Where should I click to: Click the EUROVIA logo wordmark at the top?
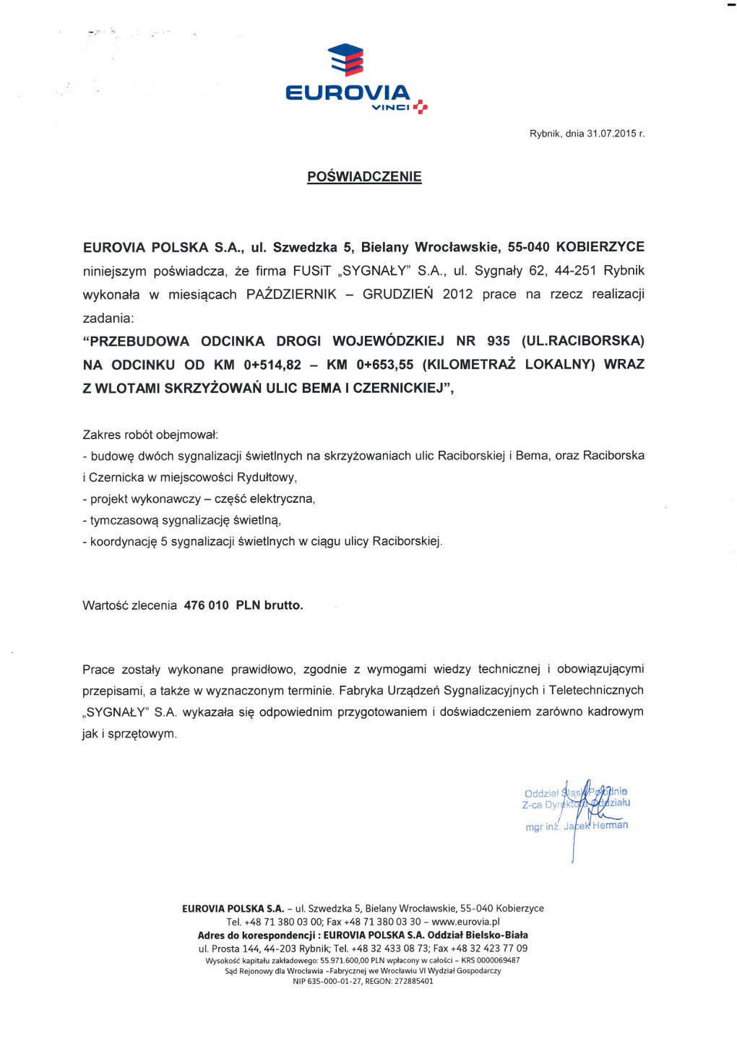coord(348,92)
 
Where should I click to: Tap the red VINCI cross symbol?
coord(421,107)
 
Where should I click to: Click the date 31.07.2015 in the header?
coord(611,134)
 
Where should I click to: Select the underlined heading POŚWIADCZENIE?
coord(364,177)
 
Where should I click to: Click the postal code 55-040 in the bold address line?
coord(528,247)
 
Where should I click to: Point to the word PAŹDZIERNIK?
coord(291,294)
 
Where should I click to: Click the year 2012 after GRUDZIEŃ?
coord(457,294)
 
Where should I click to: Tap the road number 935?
coord(499,341)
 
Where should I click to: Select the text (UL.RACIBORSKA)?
coord(583,341)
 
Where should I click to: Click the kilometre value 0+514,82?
coord(272,365)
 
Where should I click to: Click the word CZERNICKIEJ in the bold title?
coord(400,388)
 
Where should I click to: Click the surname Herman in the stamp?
coord(610,825)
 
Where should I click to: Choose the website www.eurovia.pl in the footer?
coord(465,922)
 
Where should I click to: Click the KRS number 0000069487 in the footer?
coord(498,960)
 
